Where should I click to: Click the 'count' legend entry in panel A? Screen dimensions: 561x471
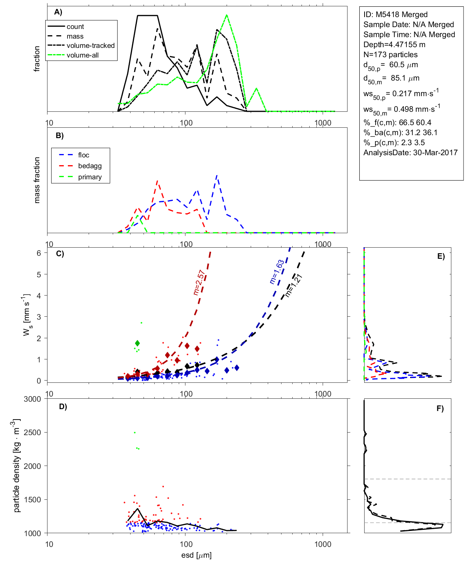point(75,27)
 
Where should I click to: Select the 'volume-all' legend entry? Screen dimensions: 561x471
point(83,55)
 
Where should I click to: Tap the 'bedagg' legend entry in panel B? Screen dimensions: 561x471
point(90,166)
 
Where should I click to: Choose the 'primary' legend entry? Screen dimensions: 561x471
point(90,177)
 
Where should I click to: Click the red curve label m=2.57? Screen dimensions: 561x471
point(199,283)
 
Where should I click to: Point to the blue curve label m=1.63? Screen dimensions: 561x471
point(277,272)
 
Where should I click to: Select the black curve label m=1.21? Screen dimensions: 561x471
point(293,286)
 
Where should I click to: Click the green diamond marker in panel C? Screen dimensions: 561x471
point(138,343)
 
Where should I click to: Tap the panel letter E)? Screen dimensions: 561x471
point(441,256)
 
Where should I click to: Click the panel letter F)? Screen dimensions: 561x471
point(440,408)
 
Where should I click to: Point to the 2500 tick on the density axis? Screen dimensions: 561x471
point(32,433)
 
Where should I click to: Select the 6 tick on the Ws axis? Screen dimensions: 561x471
point(39,253)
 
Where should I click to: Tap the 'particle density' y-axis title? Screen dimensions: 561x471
point(17,466)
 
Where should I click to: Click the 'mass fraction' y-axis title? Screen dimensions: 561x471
point(37,180)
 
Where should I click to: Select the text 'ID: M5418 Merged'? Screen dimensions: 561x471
point(395,14)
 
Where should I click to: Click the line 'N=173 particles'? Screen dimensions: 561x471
point(391,55)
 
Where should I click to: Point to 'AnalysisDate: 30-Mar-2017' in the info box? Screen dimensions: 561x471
point(411,153)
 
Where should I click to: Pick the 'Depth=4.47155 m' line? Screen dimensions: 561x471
point(394,45)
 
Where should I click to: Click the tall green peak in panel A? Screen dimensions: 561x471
point(227,16)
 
